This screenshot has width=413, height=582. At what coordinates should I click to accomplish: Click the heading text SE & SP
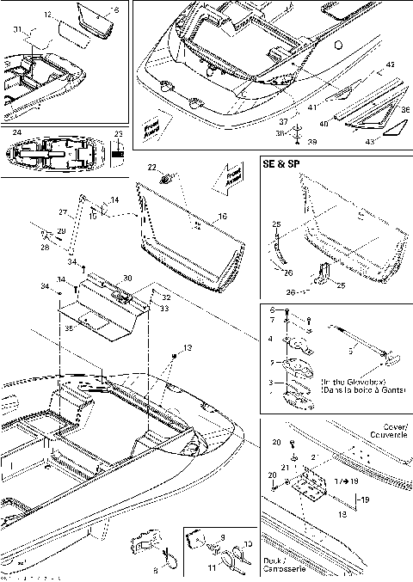pyautogui.click(x=283, y=163)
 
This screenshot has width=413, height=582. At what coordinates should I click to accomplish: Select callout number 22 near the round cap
pyautogui.click(x=151, y=166)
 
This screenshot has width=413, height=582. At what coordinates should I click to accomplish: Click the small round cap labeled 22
pyautogui.click(x=166, y=178)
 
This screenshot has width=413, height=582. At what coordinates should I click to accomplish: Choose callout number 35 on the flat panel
pyautogui.click(x=71, y=327)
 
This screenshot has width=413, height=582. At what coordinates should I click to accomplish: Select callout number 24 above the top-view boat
pyautogui.click(x=16, y=133)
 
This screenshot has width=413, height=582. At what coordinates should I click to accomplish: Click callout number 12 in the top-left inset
pyautogui.click(x=47, y=15)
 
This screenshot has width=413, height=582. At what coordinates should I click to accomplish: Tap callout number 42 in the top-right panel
pyautogui.click(x=390, y=64)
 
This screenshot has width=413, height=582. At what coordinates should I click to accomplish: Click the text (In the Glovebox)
pyautogui.click(x=353, y=381)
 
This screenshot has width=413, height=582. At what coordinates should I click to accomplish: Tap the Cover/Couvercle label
pyautogui.click(x=383, y=430)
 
